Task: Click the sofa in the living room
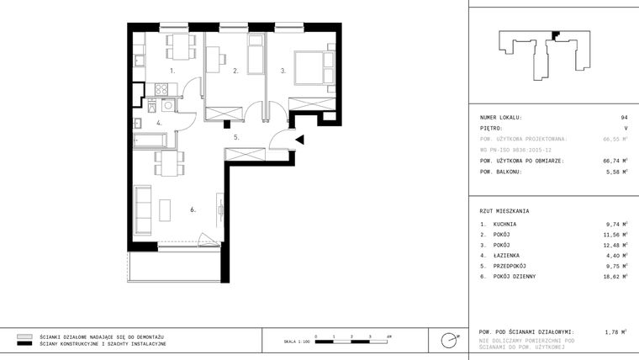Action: [144, 210]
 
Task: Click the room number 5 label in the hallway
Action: [237, 136]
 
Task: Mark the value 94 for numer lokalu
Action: [624, 118]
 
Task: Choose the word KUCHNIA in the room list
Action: [505, 225]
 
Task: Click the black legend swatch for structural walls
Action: [24, 344]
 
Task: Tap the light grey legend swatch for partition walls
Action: [24, 335]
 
